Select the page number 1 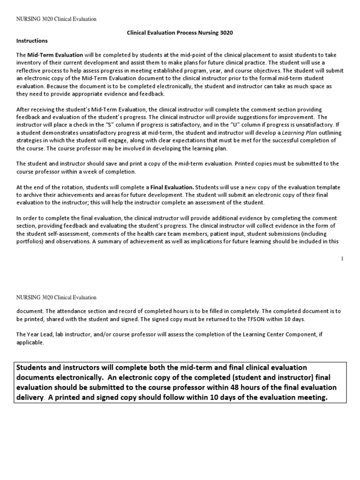click(342, 259)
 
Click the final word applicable click(30, 342)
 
